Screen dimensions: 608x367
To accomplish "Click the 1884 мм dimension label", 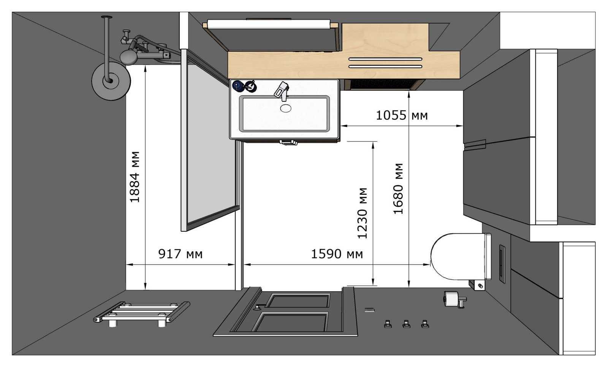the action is pos(135,177).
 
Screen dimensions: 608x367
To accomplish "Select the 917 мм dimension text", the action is pos(180,254).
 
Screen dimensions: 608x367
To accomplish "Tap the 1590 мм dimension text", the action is pos(337,254).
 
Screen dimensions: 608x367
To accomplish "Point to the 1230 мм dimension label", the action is pos(363,213).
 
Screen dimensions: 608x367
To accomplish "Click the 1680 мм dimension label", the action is pos(399,189).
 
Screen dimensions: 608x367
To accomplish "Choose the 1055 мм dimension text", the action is pos(402,115).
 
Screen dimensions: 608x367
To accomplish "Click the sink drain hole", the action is pos(285,108).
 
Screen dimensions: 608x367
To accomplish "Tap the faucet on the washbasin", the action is pos(282,91).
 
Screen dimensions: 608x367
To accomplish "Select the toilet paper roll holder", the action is pos(454,299).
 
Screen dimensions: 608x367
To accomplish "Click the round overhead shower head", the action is pos(111,81).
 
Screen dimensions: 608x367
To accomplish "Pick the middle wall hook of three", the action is pos(406,324).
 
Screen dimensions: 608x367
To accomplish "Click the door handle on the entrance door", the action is pos(257,307).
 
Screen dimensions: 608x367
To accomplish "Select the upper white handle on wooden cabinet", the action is pos(385,59).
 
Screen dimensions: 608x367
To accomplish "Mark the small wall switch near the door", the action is pos(369,310).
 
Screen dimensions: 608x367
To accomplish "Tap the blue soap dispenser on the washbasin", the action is pos(238,86).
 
